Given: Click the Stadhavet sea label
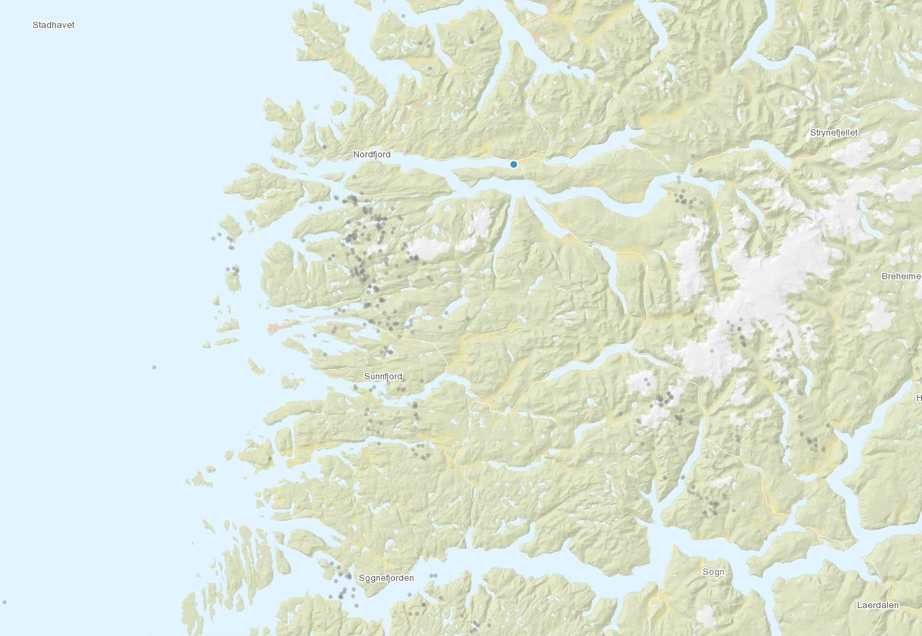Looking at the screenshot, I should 54,25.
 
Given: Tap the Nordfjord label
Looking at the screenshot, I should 372,155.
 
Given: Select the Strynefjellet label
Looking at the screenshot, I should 834,132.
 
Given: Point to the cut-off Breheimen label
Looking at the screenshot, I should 901,276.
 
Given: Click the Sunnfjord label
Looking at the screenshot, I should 383,377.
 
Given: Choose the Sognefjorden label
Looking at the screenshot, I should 386,578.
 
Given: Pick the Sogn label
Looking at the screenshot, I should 714,572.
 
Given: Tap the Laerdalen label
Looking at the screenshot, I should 878,605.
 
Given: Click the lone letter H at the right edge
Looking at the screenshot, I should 919,398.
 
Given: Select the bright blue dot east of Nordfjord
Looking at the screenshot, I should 514,164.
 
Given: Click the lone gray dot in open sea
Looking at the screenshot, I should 155,368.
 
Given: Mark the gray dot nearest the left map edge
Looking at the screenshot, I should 5,603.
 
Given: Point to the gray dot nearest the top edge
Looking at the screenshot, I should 404,16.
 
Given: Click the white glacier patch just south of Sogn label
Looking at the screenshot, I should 707,616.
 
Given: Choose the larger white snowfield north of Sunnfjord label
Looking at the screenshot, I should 430,249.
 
